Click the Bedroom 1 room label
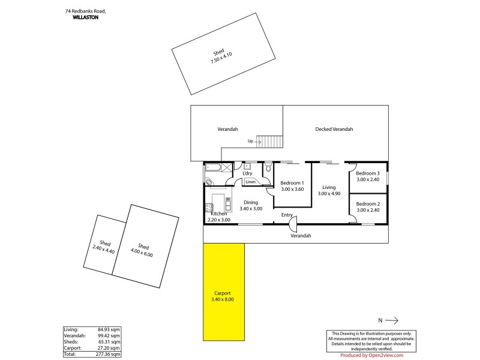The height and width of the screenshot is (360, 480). click(292, 182)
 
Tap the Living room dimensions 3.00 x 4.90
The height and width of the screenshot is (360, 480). click(329, 194)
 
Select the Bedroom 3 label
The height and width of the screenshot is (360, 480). click(368, 173)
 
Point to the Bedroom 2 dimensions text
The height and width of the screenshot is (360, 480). click(368, 210)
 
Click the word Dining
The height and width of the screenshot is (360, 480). click(251, 202)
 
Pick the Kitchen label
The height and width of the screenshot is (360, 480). click(218, 214)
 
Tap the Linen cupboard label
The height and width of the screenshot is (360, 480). click(250, 182)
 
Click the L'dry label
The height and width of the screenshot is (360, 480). click(247, 173)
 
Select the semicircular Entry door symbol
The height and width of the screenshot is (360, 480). click(292, 224)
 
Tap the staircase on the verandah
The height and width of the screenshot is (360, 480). click(271, 142)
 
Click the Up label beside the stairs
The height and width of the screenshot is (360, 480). click(250, 142)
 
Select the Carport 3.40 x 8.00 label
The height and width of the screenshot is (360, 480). click(223, 296)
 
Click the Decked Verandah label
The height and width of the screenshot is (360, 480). click(334, 129)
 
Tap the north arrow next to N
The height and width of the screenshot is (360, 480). click(392, 320)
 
